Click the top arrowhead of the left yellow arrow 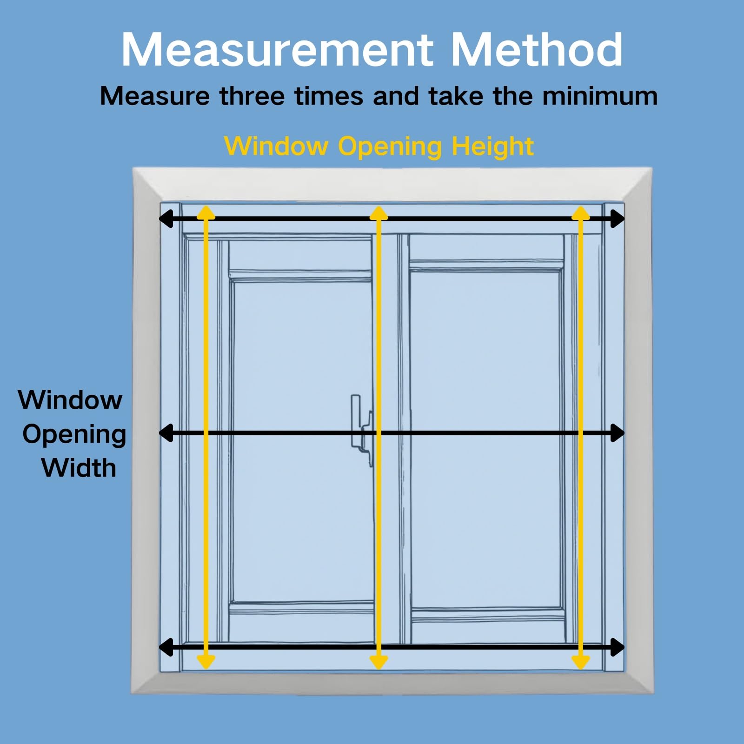tap(206, 213)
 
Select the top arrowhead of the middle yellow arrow tap(379, 213)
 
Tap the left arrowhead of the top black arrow tap(166, 219)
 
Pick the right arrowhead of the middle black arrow tap(617, 433)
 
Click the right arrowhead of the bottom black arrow tap(617, 647)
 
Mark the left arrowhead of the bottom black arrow tap(166, 647)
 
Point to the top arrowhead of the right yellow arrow tap(580, 213)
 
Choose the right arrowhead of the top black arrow tap(617, 219)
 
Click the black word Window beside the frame tap(70, 399)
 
